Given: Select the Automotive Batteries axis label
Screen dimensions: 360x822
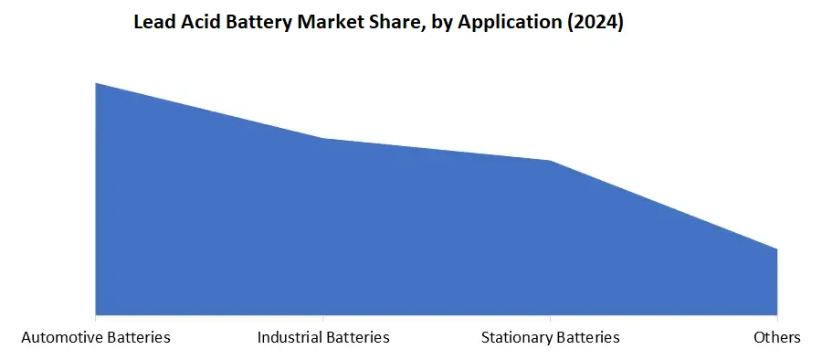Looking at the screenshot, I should pos(96,337).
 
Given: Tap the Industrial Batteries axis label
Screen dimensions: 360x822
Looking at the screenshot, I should pos(323,337).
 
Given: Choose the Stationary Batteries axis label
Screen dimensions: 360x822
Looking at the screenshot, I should pos(550,337).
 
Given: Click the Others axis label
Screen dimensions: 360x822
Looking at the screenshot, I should pos(776,337).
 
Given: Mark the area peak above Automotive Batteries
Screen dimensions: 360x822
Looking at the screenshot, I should pos(96,83).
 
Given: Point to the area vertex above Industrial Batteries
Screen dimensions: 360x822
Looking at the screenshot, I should pos(323,139).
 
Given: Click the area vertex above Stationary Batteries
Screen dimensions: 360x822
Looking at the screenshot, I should pos(550,161).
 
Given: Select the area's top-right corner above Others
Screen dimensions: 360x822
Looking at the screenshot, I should pos(776,249).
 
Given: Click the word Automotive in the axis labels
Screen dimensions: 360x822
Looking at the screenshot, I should pos(61,337).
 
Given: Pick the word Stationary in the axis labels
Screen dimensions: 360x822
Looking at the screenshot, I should pos(516,337).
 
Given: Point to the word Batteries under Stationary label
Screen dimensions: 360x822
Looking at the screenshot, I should pos(587,337).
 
